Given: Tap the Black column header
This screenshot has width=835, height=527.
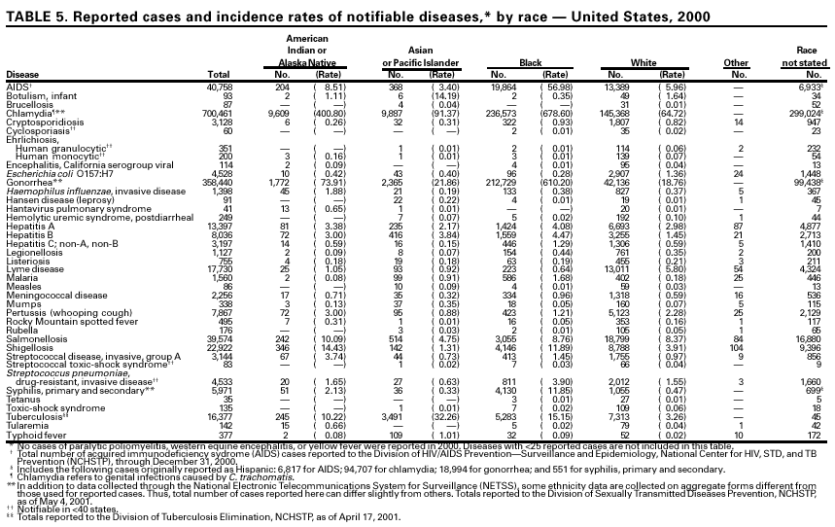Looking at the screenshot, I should pyautogui.click(x=530, y=63).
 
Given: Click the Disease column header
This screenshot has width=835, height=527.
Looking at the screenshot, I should pyautogui.click(x=22, y=74).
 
